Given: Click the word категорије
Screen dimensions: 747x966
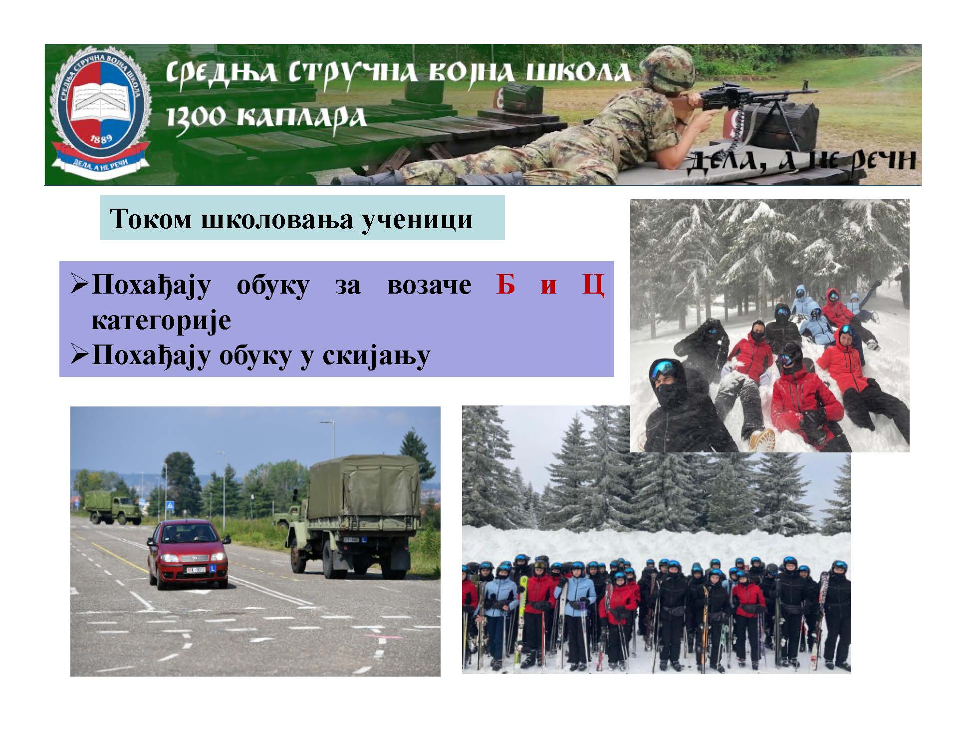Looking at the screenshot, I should click(x=161, y=320).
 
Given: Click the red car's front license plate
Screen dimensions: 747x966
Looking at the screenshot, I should click(x=196, y=570).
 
